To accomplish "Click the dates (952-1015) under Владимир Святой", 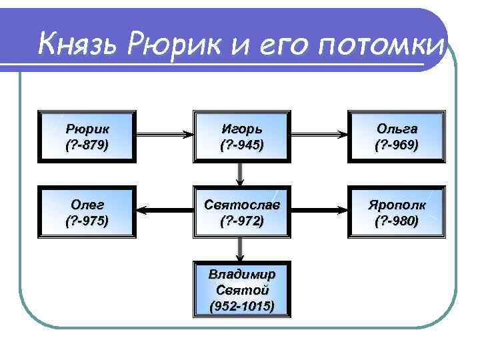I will click(241, 306).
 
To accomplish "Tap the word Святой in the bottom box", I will click(241, 290).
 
